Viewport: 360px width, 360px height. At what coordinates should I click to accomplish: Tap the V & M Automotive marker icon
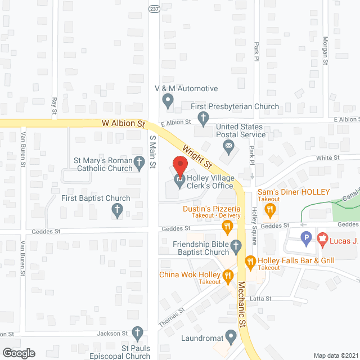[167, 101]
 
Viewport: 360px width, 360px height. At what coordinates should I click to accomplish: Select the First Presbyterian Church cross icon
[203, 118]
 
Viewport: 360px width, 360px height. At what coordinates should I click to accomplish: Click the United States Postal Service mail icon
[228, 148]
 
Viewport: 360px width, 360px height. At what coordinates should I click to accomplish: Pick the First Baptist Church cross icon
[117, 211]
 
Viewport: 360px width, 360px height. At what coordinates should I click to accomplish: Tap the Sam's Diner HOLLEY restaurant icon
[271, 211]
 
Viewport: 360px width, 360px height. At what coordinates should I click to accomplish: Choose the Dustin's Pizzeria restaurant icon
[227, 227]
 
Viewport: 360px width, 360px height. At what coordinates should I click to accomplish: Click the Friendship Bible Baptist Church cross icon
[236, 245]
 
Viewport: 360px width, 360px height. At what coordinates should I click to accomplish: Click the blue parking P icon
[307, 239]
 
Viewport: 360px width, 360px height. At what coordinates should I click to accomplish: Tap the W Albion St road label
[124, 123]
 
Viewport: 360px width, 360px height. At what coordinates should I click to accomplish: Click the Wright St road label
[196, 157]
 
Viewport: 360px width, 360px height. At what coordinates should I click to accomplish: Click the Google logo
[19, 353]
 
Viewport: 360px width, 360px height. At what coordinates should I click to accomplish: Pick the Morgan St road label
[325, 51]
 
